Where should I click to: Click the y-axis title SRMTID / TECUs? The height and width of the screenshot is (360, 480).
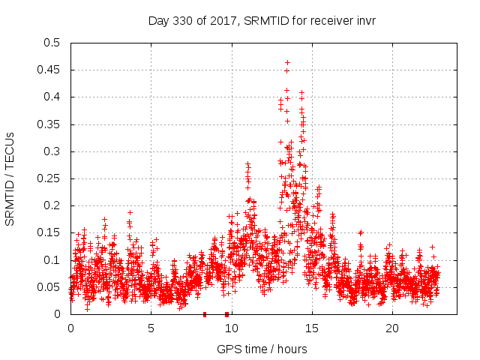[x=10, y=178]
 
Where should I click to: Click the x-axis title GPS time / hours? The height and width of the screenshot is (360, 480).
[x=262, y=349]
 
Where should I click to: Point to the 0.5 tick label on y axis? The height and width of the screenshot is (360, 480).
[x=52, y=43]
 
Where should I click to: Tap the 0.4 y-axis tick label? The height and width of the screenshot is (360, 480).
[x=52, y=97]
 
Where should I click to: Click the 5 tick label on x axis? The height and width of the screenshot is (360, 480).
[x=151, y=328]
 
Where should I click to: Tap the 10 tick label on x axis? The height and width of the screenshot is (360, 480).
[x=231, y=328]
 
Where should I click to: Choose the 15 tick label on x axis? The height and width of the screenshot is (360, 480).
[x=311, y=328]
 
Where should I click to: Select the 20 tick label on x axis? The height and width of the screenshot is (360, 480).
[x=391, y=328]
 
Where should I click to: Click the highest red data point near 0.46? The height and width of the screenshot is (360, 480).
[x=287, y=63]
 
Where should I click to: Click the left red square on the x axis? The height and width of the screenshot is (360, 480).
[x=205, y=314]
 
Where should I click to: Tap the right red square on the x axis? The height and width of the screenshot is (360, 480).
[x=226, y=314]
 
